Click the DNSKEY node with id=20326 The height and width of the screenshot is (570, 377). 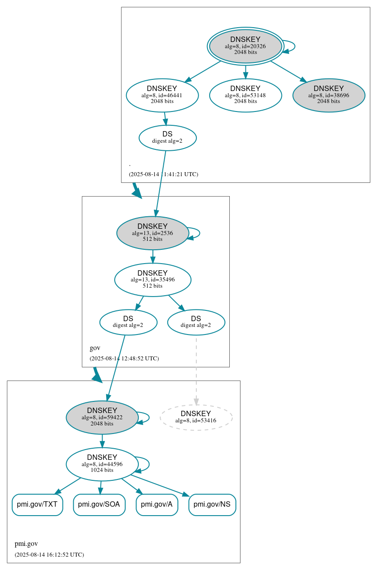click(x=245, y=46)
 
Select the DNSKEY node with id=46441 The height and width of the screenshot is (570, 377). click(x=162, y=95)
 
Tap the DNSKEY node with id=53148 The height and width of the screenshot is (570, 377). click(x=245, y=95)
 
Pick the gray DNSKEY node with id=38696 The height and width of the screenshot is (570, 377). click(x=328, y=95)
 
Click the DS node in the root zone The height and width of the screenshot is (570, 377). click(x=167, y=138)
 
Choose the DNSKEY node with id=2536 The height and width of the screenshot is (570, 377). click(x=153, y=233)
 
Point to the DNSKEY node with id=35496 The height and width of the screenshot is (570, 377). click(x=153, y=280)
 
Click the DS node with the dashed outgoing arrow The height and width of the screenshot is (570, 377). click(x=196, y=322)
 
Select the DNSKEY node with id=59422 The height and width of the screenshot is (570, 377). click(x=102, y=417)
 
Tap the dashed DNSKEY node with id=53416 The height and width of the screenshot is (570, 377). click(x=196, y=417)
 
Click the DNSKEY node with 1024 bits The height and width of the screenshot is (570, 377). click(x=102, y=464)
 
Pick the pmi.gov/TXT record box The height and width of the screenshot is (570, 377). click(x=37, y=504)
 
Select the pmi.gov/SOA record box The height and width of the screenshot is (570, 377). click(x=99, y=504)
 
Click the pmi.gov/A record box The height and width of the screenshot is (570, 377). click(x=157, y=504)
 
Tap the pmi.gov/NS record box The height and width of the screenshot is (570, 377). click(x=212, y=504)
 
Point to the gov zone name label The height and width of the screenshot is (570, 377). click(x=95, y=348)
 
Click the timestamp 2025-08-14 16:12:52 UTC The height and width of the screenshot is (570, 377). click(x=49, y=554)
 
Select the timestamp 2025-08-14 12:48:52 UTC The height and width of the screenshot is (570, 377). click(x=124, y=358)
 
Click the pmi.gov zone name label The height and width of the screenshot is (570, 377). click(x=26, y=544)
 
